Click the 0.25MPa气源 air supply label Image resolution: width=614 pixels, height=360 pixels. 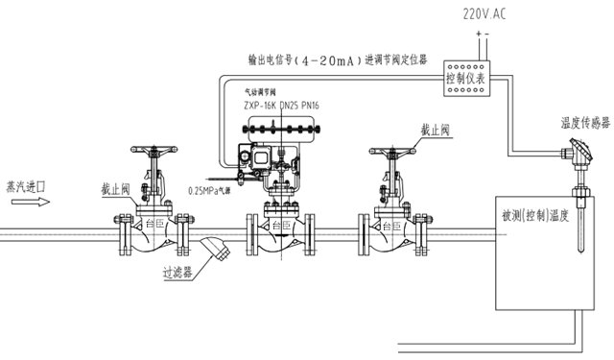(211, 189)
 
